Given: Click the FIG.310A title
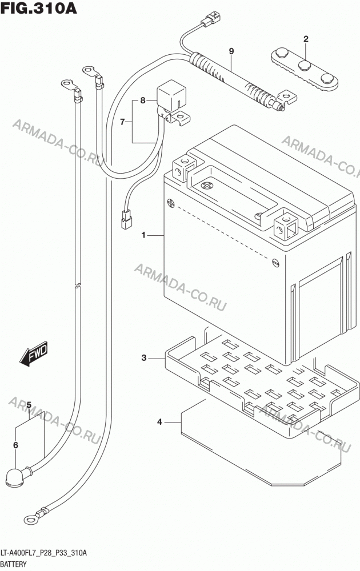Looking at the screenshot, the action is pyautogui.click(x=39, y=8).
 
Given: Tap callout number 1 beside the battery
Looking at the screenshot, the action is pyautogui.click(x=143, y=235).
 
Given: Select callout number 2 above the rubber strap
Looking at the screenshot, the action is pyautogui.click(x=306, y=39).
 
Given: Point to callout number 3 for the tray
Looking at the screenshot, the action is pyautogui.click(x=144, y=358).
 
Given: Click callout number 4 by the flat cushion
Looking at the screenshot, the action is pyautogui.click(x=159, y=422).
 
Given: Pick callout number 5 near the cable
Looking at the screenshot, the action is pyautogui.click(x=29, y=405).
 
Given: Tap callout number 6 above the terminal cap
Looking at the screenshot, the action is pyautogui.click(x=15, y=445).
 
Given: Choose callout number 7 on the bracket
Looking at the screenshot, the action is pyautogui.click(x=122, y=122).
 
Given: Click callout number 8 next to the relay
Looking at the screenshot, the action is pyautogui.click(x=143, y=100).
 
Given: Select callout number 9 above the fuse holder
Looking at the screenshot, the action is pyautogui.click(x=231, y=51).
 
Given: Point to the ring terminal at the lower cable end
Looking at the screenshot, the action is pyautogui.click(x=30, y=518).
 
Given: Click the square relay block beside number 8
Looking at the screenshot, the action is pyautogui.click(x=171, y=96).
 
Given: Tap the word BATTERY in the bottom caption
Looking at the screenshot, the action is pyautogui.click(x=14, y=564).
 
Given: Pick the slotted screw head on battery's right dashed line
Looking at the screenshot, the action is pyautogui.click(x=276, y=262).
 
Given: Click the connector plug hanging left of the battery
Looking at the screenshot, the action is pyautogui.click(x=126, y=220).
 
